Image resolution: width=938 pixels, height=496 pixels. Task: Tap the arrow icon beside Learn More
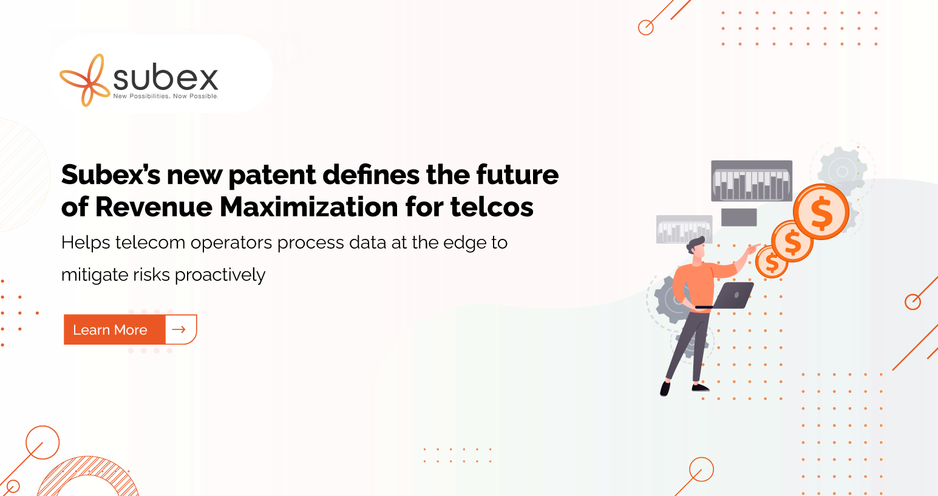tap(179, 329)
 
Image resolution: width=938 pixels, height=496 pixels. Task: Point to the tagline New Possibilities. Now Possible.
tap(166, 97)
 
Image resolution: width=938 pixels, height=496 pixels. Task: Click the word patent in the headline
tap(272, 175)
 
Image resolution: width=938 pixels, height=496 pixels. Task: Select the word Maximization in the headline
tap(308, 207)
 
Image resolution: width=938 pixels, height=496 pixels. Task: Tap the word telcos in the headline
tap(492, 207)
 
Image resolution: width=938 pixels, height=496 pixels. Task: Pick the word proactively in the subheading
tap(220, 275)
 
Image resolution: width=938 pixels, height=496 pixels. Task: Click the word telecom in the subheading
tap(151, 243)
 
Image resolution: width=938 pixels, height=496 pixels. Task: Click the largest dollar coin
tap(821, 212)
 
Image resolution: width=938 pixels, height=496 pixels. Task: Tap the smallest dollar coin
tap(771, 263)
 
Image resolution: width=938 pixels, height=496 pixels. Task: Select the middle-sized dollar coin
tap(792, 241)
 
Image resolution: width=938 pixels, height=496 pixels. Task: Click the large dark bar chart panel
tap(752, 181)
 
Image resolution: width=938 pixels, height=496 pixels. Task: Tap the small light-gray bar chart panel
tap(684, 229)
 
